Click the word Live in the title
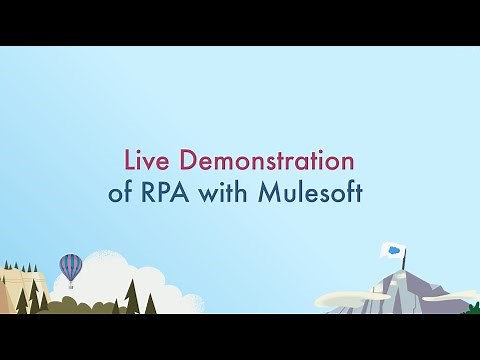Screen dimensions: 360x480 pos(144,160)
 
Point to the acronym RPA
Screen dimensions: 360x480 pos(166,192)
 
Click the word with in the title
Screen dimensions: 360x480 pos(227,192)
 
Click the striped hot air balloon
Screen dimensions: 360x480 pos(71,266)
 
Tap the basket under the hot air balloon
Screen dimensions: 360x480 pos(71,286)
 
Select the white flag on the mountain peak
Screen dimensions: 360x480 pos(393,250)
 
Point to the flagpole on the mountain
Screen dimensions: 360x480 pos(404,262)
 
